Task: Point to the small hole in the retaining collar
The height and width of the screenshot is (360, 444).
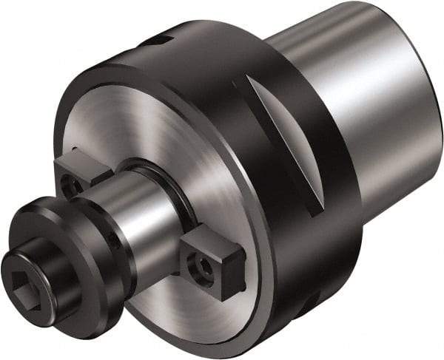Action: pyautogui.click(x=112, y=240)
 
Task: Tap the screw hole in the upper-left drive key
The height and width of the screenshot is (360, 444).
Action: pyautogui.click(x=71, y=186)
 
